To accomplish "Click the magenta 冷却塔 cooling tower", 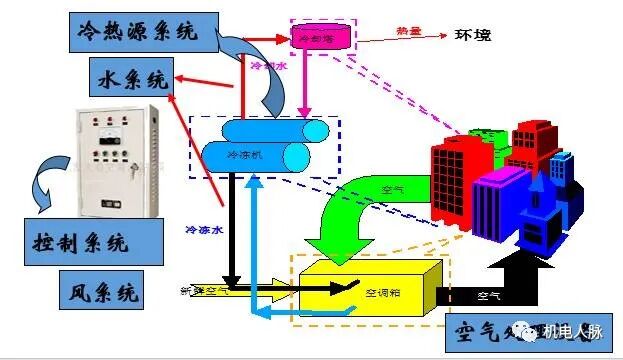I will point(322,36).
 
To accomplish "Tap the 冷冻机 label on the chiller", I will point(245,156).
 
